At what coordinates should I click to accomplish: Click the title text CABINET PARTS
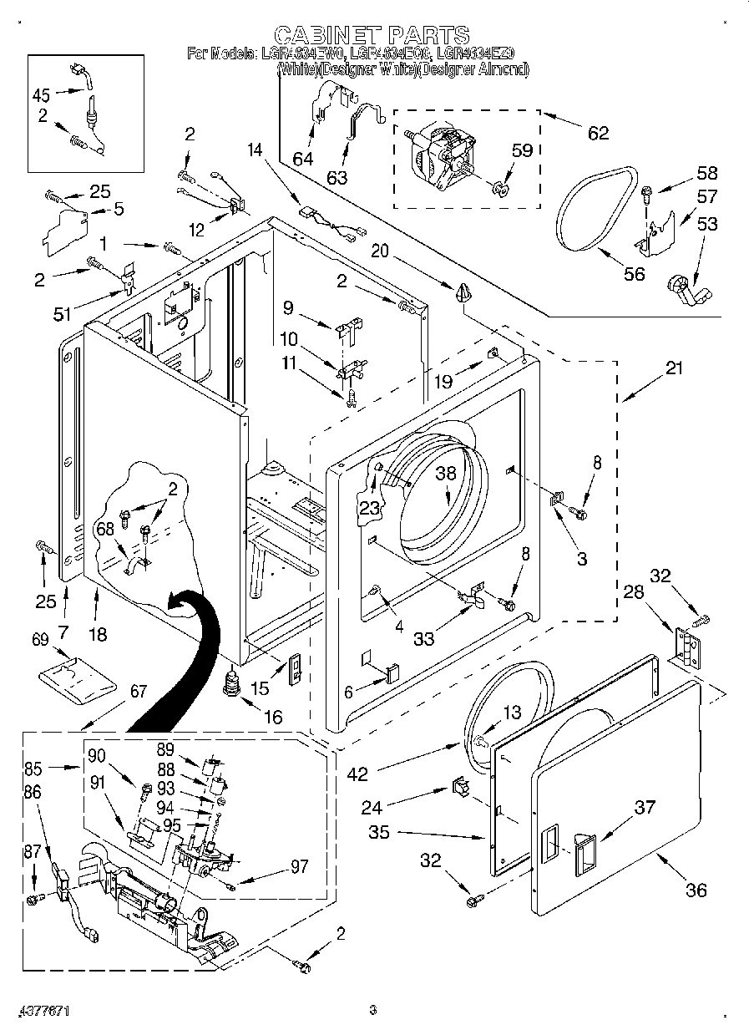pos(372,35)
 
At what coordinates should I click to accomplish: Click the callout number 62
pos(598,132)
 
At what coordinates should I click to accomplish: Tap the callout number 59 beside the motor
pos(521,151)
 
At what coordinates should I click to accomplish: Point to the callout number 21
pos(674,367)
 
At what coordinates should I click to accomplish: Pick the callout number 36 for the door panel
pos(696,890)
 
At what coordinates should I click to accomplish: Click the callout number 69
pos(41,640)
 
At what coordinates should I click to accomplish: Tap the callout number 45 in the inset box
pos(42,94)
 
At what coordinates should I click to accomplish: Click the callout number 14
pos(255,150)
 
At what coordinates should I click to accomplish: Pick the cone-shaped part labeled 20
pos(463,292)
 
